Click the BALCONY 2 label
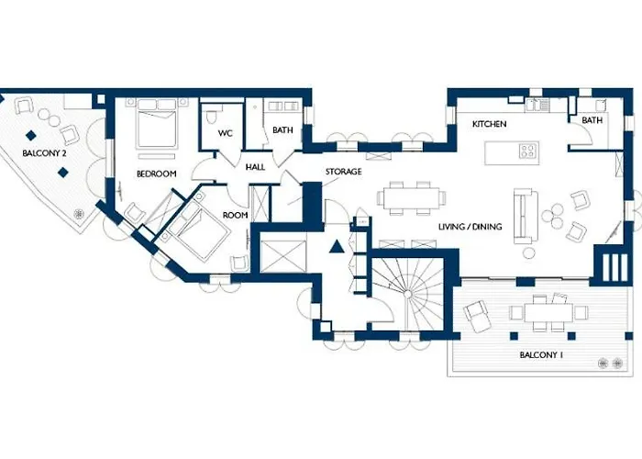tap(44, 153)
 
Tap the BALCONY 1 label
tap(540, 354)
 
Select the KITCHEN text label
tap(489, 124)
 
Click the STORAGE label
tap(343, 172)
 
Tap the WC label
tap(225, 134)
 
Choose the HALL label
tap(255, 166)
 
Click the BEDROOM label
tap(156, 174)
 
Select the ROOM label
tap(236, 217)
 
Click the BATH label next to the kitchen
tap(592, 120)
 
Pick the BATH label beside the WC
tap(282, 130)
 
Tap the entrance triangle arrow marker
tap(338, 246)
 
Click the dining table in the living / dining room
tap(412, 197)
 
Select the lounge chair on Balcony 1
tap(480, 317)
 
